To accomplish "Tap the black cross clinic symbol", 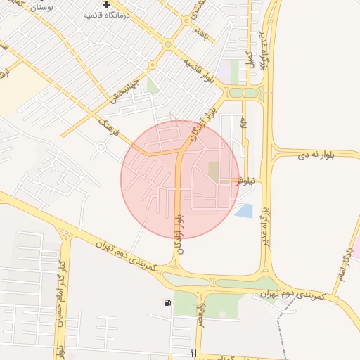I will point(106,5).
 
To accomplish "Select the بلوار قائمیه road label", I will point(200,70).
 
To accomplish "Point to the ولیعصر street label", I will point(201,308).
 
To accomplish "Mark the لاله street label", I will point(244,124).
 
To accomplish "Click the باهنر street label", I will point(202,33).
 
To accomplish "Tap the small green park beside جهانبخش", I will point(152,86).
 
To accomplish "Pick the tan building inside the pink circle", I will point(213,171).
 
